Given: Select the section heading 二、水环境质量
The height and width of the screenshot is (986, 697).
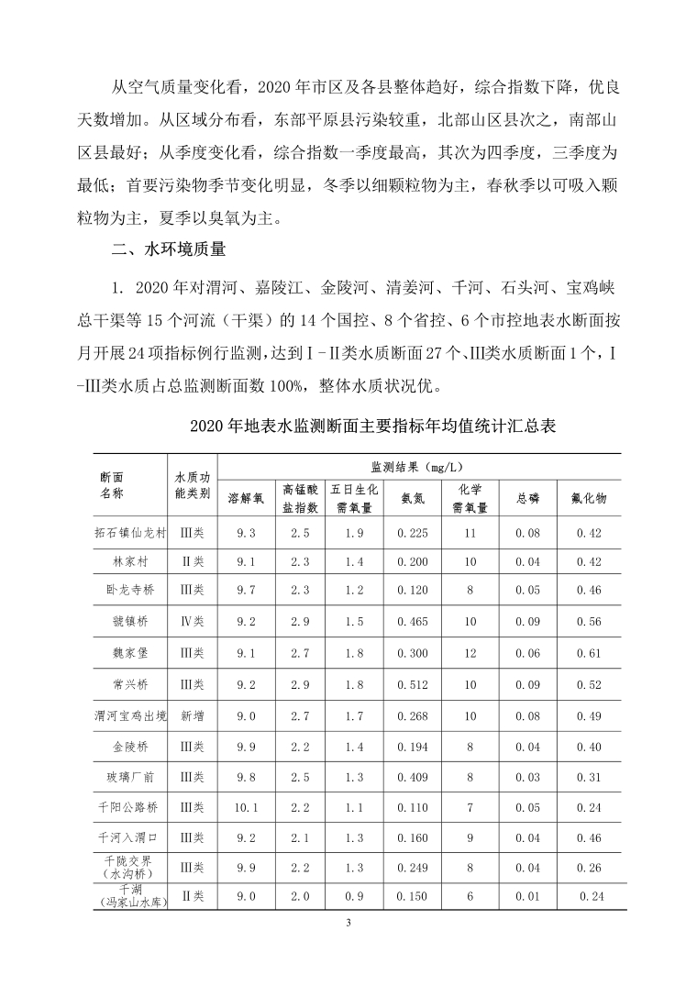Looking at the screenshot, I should (x=168, y=249).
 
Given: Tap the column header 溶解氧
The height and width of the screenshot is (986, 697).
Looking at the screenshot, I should (x=246, y=498).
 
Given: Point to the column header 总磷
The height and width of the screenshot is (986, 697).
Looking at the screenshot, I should (x=527, y=498).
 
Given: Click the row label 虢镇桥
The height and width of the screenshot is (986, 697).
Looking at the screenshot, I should (x=129, y=621).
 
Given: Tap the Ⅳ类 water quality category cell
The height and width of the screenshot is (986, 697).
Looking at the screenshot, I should (x=192, y=621).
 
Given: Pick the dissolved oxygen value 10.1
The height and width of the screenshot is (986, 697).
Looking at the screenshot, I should (x=246, y=807).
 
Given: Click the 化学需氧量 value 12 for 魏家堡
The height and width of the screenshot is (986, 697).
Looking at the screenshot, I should (x=470, y=653).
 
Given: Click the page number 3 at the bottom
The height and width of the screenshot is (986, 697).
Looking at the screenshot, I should (x=348, y=922).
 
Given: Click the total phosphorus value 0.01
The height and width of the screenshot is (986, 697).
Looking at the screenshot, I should (x=527, y=896).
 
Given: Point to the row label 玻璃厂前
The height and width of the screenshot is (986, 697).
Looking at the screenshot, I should (x=129, y=777).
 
